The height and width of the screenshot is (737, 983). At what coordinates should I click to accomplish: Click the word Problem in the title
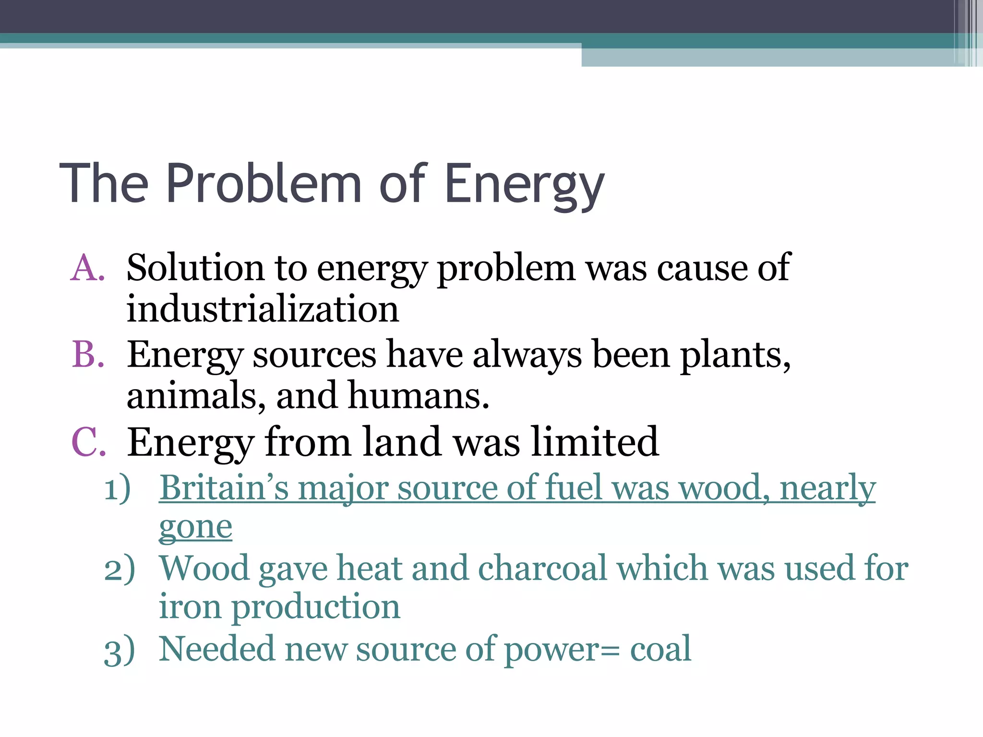264,184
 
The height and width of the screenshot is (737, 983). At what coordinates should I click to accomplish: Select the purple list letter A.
88,268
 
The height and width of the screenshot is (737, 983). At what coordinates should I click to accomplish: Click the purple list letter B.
88,355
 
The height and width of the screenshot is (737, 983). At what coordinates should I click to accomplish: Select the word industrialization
263,309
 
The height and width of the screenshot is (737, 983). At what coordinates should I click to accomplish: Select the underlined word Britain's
224,488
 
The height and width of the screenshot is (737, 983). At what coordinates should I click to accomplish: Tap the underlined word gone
195,528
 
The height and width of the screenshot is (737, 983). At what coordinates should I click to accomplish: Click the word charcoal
543,569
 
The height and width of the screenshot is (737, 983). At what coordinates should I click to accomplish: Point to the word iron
190,606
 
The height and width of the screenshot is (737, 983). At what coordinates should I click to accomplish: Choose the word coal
660,649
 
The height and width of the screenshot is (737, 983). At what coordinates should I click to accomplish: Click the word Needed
216,649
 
